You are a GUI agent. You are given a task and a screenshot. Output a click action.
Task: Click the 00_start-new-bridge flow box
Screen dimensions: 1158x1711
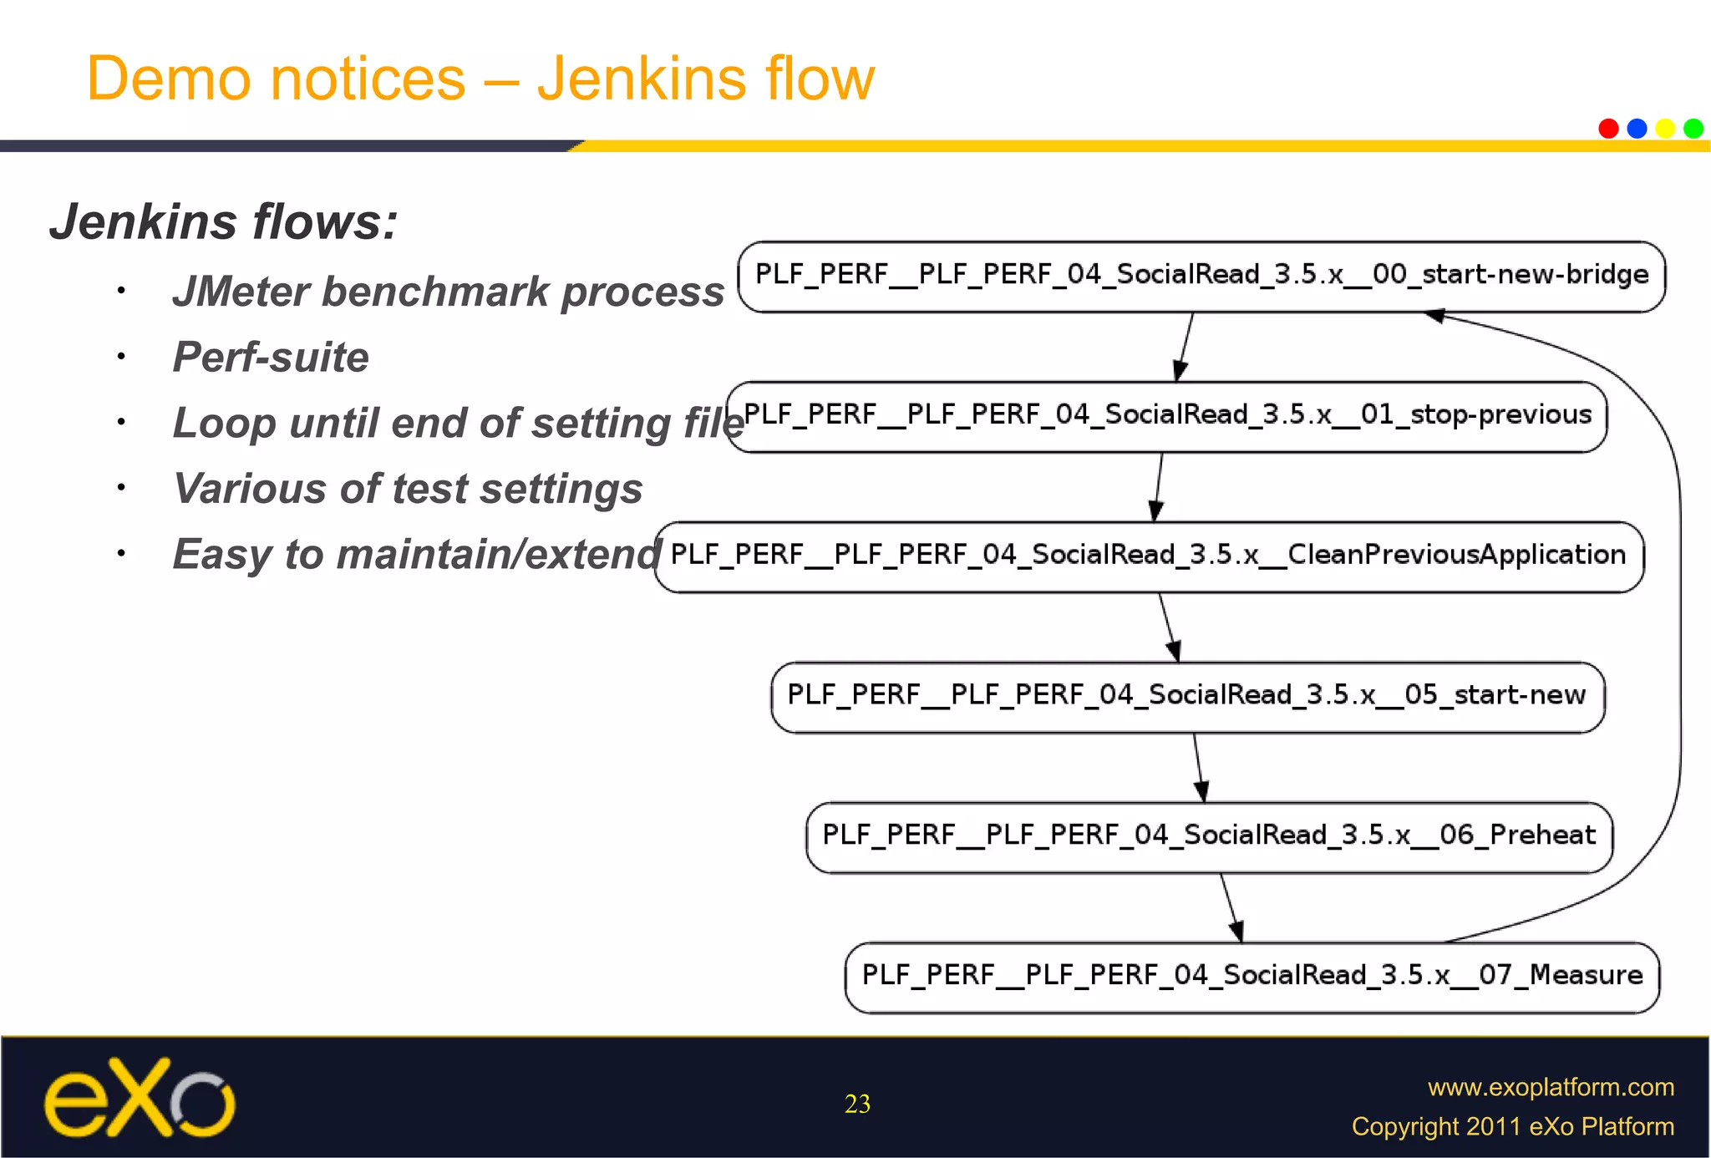[1201, 277]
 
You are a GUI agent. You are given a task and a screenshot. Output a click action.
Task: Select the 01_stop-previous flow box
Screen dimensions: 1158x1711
[1166, 417]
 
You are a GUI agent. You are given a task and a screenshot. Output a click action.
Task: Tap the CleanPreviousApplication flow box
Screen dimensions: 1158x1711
[1149, 556]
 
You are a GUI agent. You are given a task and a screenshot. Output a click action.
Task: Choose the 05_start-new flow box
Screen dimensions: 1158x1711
[1187, 697]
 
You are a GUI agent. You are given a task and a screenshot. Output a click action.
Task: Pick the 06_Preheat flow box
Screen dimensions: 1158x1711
[1209, 837]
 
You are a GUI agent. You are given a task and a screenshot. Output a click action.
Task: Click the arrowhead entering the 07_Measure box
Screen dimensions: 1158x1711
[1237, 932]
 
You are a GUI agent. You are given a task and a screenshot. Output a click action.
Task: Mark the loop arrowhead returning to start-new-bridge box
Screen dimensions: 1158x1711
[1434, 316]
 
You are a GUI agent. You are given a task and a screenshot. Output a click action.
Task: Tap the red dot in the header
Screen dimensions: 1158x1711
[1608, 128]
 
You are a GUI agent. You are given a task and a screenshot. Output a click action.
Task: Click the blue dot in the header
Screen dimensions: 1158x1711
[1637, 128]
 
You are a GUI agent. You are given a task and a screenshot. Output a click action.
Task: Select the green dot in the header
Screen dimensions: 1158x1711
[1693, 128]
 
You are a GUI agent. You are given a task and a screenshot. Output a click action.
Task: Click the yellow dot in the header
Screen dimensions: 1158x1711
[1665, 128]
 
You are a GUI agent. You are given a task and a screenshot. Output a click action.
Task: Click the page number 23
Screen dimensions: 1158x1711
[857, 1104]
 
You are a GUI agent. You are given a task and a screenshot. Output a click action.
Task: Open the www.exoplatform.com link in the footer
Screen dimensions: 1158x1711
[1551, 1087]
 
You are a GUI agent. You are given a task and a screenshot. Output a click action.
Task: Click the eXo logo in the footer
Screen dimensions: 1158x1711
[139, 1099]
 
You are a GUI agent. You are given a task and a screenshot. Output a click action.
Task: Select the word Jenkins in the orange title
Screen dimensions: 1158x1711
[641, 79]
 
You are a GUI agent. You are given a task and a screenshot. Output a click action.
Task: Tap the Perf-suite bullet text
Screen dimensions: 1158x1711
[271, 358]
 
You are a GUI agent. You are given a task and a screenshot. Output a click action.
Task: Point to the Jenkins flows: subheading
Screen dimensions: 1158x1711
[223, 222]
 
